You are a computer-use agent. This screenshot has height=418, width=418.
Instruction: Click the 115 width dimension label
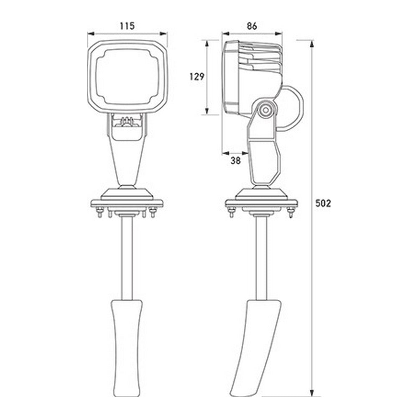[127, 25]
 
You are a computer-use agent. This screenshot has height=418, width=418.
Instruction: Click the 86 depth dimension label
[252, 25]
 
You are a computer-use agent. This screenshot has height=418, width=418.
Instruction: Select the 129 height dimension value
[196, 76]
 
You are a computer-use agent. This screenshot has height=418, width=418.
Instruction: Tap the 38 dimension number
[236, 161]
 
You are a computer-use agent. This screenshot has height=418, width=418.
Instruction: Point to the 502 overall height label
[324, 204]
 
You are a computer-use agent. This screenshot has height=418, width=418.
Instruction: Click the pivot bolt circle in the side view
[265, 111]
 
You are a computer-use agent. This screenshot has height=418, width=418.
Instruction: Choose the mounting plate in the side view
[262, 204]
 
